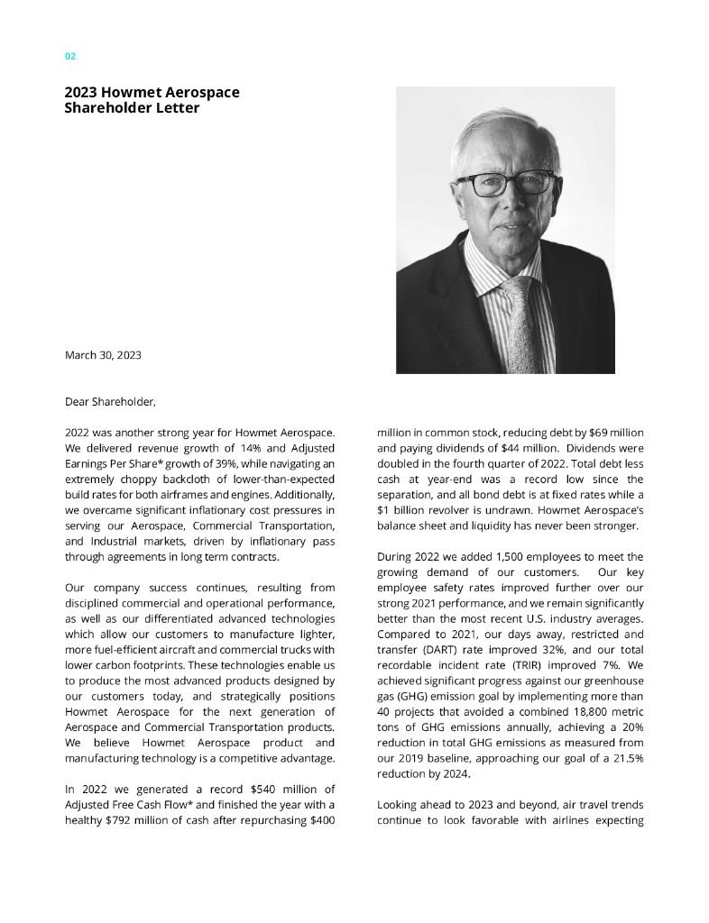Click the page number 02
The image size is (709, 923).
coord(70,56)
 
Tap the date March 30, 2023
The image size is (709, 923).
coord(103,355)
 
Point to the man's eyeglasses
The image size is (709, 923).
coord(504,183)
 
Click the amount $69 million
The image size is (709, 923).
coord(599,434)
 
